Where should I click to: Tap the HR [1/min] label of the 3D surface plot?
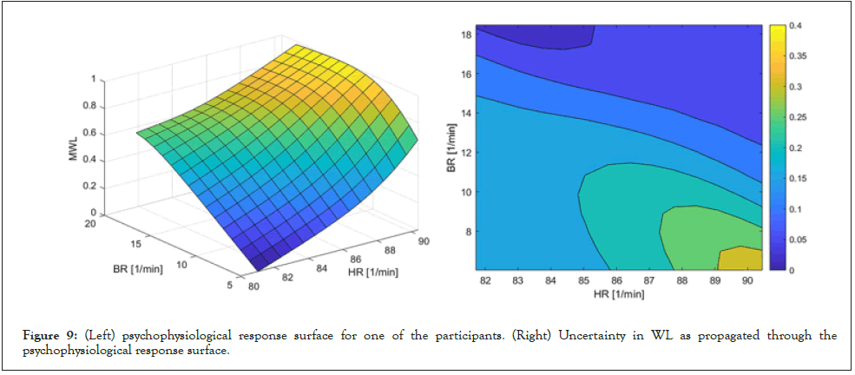pos(371,272)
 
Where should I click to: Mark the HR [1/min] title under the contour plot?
pos(618,295)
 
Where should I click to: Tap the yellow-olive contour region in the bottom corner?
pos(740,259)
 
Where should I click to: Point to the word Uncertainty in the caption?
pos(573,336)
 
